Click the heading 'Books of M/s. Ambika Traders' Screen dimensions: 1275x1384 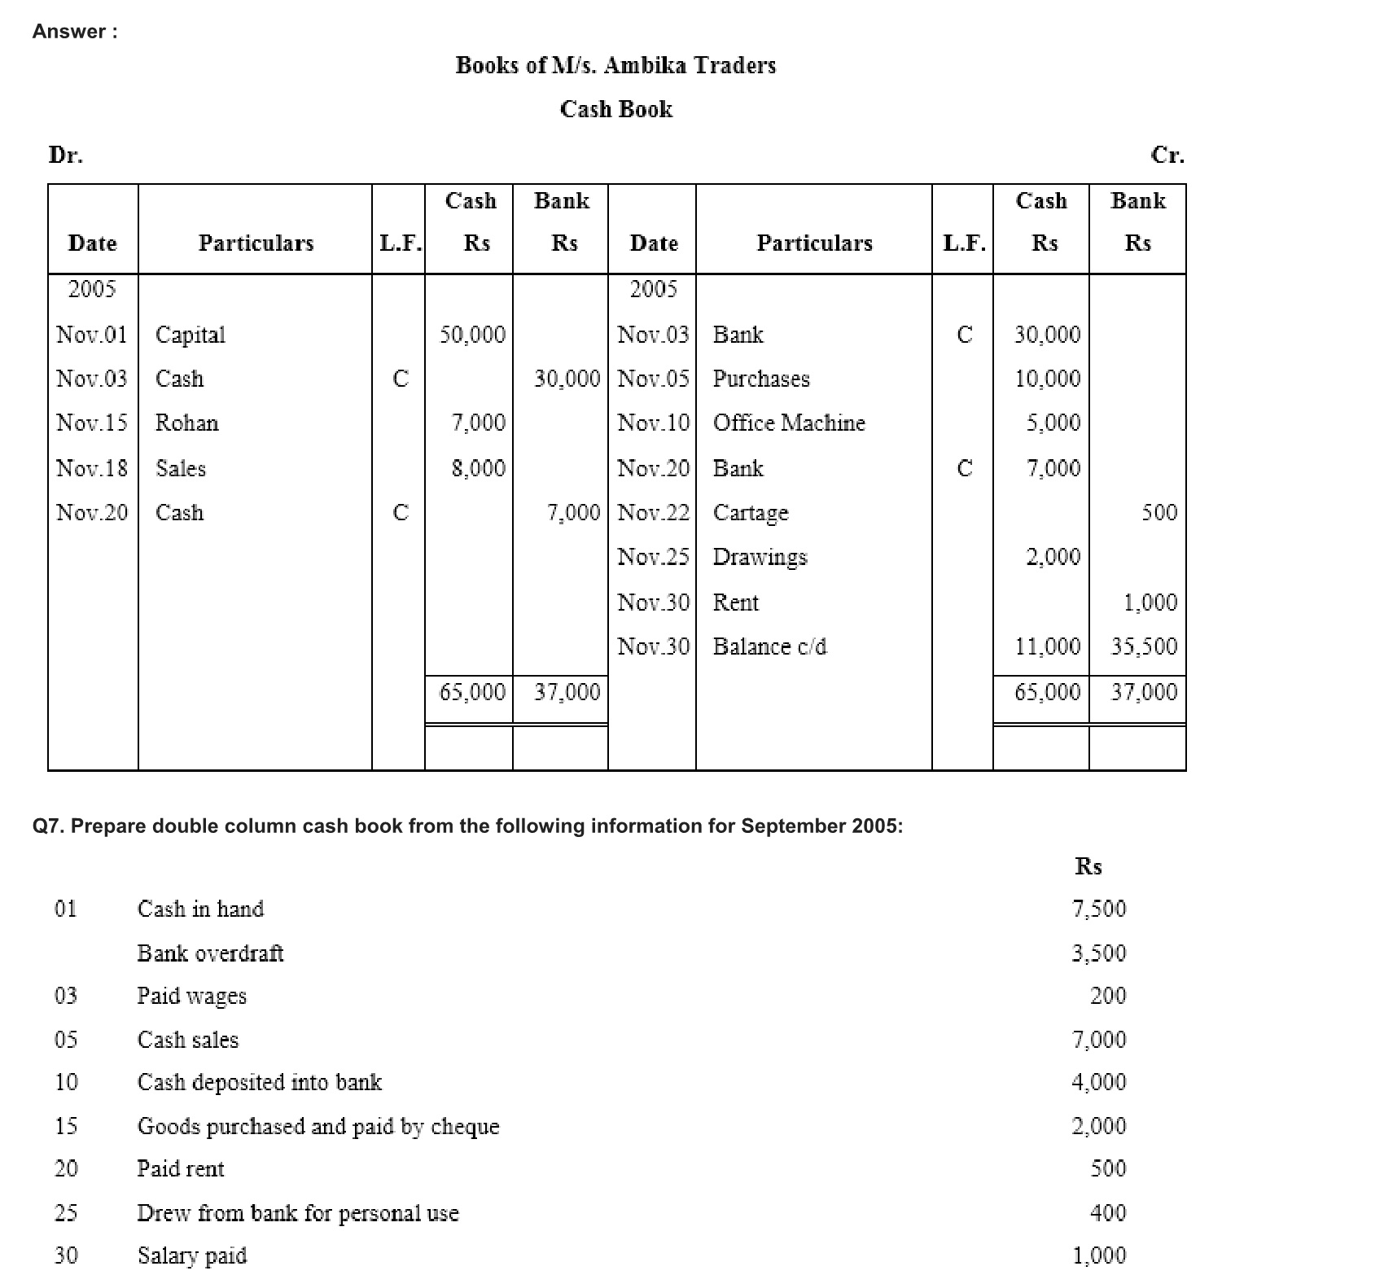coord(615,65)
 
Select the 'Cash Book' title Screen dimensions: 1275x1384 coord(615,109)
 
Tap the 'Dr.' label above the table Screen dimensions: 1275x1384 coord(66,155)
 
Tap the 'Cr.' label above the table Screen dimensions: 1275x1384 coord(1167,155)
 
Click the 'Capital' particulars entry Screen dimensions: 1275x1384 coord(191,335)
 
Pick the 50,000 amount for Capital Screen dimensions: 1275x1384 coord(472,335)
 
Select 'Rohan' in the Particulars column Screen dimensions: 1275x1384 coord(187,423)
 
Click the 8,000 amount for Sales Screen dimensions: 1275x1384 coord(479,468)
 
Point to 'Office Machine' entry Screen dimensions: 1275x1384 coord(789,423)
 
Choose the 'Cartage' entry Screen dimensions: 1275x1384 coord(751,513)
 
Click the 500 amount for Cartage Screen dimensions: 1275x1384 coord(1158,512)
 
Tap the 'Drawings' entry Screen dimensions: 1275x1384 coord(760,557)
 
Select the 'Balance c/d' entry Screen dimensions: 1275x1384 coord(769,646)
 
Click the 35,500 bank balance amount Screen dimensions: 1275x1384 coord(1144,646)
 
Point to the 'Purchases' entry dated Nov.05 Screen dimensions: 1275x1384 coord(761,379)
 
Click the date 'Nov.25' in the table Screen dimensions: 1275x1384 coord(653,557)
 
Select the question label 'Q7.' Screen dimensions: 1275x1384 coord(49,826)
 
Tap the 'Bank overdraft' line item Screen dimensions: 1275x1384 coord(210,953)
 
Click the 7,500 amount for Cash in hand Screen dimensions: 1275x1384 coord(1098,909)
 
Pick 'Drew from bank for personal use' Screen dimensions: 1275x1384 coord(298,1213)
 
